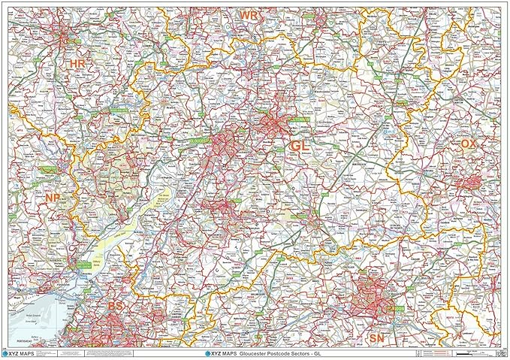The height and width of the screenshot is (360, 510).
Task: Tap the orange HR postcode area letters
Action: [77, 65]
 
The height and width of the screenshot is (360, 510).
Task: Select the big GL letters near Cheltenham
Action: [299, 146]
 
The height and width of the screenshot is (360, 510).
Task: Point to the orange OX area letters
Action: [469, 144]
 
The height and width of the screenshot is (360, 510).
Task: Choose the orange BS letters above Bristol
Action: [115, 307]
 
